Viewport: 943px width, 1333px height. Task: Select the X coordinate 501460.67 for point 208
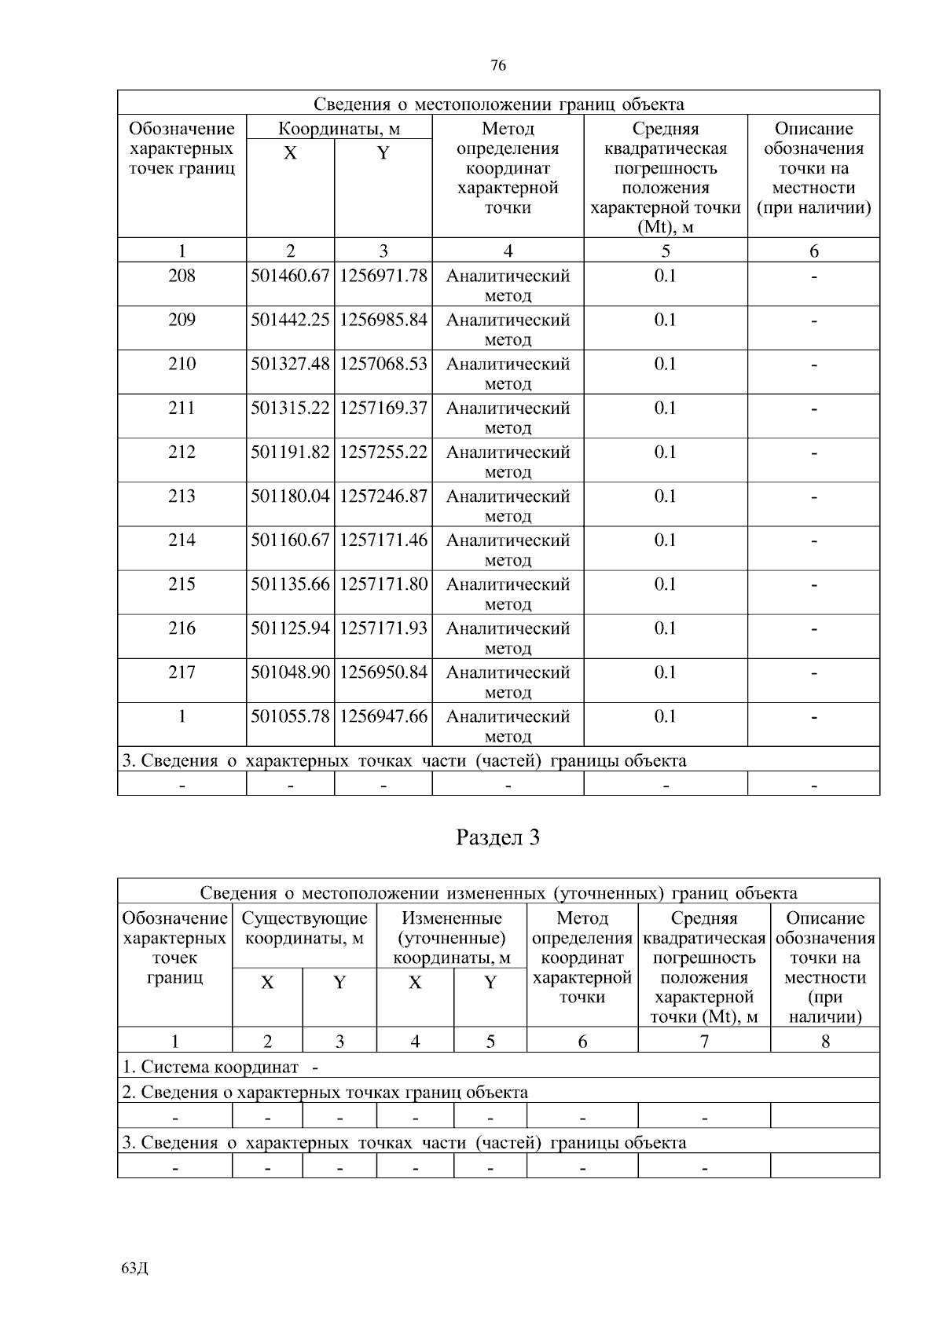tap(290, 276)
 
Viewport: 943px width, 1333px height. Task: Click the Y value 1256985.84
tap(383, 320)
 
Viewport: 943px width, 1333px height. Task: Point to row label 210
tap(182, 364)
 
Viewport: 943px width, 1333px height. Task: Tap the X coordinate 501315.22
tap(290, 408)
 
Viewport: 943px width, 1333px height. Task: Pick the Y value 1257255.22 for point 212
tap(383, 452)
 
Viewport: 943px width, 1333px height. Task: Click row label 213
tap(182, 496)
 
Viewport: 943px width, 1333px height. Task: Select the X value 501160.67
tap(290, 540)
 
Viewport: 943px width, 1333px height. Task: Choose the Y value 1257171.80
tap(383, 584)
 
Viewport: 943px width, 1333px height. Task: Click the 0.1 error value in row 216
tap(665, 628)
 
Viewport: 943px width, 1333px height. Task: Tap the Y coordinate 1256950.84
tap(383, 672)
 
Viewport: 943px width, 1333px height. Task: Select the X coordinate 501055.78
tap(290, 716)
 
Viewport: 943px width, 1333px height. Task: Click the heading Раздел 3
tap(498, 837)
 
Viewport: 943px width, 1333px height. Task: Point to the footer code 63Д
tap(135, 1268)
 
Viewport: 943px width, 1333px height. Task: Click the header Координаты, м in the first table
tap(339, 128)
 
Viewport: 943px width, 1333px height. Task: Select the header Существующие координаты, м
tap(304, 928)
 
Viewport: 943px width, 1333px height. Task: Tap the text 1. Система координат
tap(211, 1067)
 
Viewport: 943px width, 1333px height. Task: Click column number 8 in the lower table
tap(825, 1042)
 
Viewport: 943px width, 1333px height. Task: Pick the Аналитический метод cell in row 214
tap(508, 549)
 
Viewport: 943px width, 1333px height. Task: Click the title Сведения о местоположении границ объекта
tap(498, 104)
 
